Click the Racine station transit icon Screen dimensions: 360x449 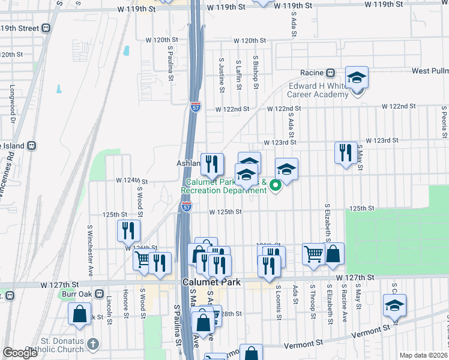pos(330,73)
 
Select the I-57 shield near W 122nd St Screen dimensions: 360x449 pos(196,107)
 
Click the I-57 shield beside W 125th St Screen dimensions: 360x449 pos(187,207)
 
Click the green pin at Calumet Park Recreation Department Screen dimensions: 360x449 pos(276,186)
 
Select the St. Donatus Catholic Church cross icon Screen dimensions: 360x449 pos(92,344)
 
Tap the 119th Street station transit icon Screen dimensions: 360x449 pos(46,28)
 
